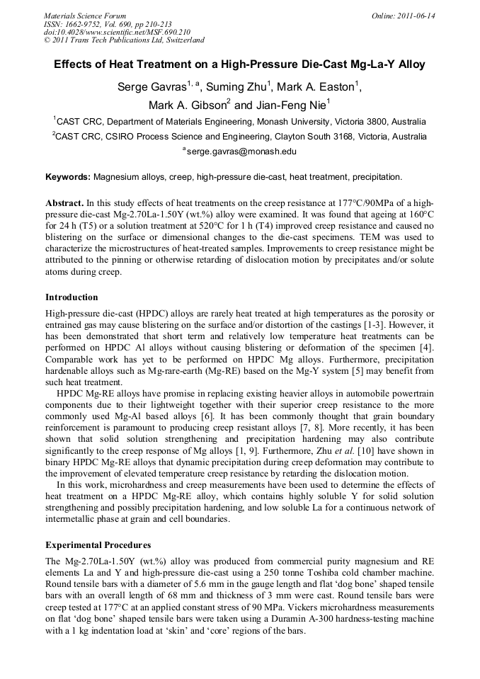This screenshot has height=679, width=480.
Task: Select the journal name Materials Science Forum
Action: point(85,16)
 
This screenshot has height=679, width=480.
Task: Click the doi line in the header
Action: point(117,32)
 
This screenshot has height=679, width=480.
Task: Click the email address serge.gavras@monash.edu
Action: point(242,151)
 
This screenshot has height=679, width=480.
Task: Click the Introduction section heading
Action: point(72,297)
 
